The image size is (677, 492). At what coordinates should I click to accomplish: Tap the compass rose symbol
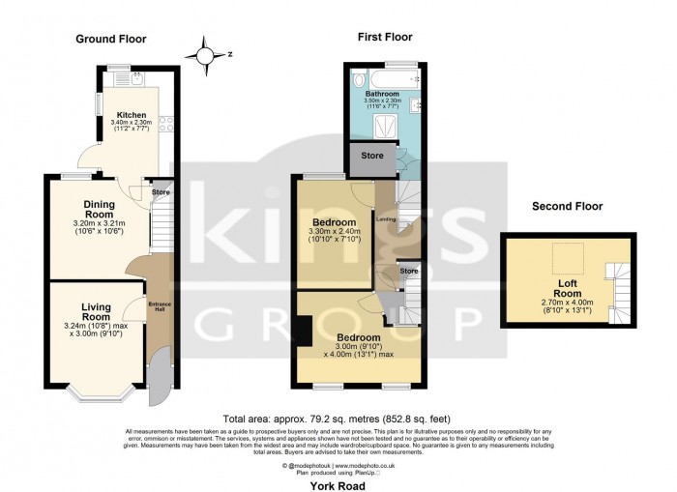pos(205,54)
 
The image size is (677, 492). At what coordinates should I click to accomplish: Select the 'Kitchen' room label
pos(129,114)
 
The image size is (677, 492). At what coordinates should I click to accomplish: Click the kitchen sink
pos(113,78)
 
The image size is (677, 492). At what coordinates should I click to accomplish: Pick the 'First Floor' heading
pos(384,38)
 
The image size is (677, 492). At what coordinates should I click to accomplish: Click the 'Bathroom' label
pos(382,94)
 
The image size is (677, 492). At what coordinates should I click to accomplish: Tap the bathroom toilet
pos(359,80)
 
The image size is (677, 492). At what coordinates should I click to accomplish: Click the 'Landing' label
pos(385,218)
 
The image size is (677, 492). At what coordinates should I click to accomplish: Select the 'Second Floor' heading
pos(567,207)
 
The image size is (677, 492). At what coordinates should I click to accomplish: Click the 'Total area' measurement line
pos(338,418)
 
